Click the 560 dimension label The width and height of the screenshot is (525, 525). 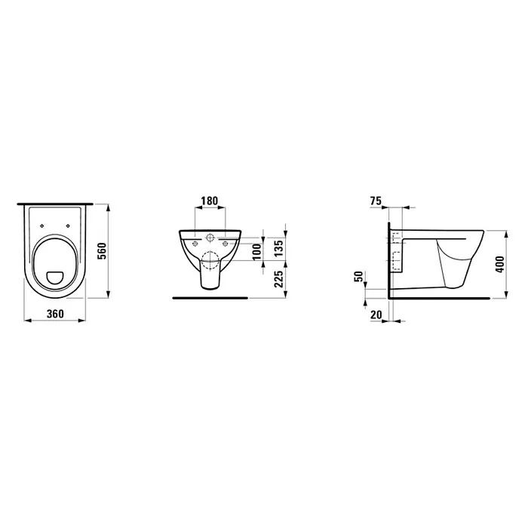coord(102,250)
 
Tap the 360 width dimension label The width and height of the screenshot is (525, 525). coord(55,314)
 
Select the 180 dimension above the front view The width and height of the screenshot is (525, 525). coord(209,201)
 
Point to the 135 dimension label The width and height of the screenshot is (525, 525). coord(279,248)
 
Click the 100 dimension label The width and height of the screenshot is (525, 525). coord(256,252)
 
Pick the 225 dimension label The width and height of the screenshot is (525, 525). coord(279,279)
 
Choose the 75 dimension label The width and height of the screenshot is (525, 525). coord(376,201)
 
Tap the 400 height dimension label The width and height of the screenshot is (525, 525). coord(499,264)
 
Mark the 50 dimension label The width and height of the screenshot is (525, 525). coord(358,277)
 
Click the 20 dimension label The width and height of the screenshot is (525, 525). coord(376,315)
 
